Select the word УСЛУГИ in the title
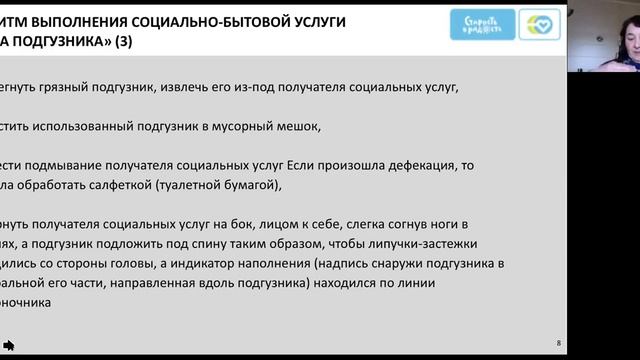(x=319, y=21)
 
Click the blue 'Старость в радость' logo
(x=483, y=24)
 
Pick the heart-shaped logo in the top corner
(x=540, y=24)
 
